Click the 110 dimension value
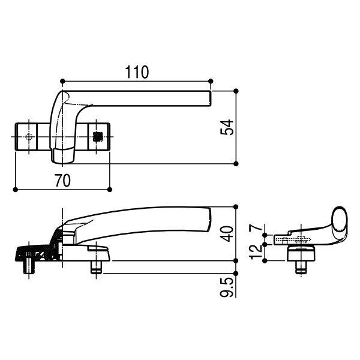[137, 72]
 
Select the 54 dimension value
[227, 127]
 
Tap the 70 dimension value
[62, 180]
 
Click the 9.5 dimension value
[227, 287]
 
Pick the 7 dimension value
[256, 227]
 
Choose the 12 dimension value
[256, 251]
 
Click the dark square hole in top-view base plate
[97, 137]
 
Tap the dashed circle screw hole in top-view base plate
[29, 137]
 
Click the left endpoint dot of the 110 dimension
[62, 81]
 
